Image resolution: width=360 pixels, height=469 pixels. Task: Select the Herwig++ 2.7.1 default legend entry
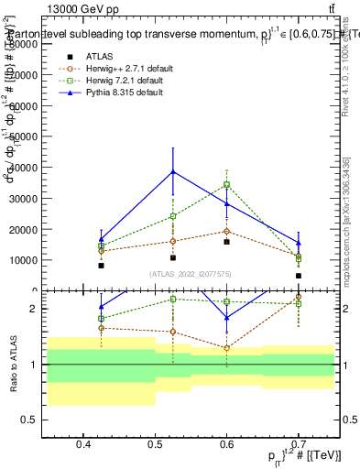(x=128, y=70)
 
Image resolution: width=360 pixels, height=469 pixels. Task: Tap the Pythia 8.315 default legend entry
(x=128, y=93)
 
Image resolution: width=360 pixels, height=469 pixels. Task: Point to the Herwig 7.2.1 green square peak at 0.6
(x=227, y=184)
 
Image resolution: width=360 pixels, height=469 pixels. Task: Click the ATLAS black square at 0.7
(x=298, y=275)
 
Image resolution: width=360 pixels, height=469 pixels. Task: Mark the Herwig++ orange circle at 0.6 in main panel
(x=227, y=231)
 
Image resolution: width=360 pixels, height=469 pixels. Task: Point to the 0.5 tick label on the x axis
(x=155, y=445)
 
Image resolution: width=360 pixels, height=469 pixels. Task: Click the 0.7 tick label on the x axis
(x=298, y=445)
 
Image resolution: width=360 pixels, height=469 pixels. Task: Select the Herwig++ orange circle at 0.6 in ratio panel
(x=227, y=348)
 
